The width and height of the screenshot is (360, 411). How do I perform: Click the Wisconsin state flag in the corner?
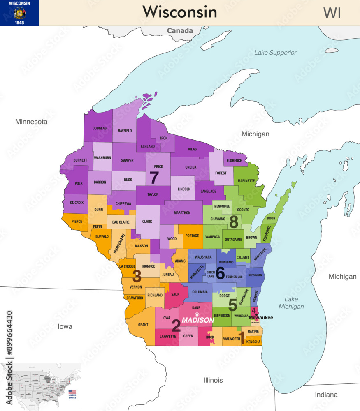pyautogui.click(x=19, y=13)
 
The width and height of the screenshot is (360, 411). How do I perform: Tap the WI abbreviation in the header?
pyautogui.click(x=332, y=13)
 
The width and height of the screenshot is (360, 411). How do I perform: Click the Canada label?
pyautogui.click(x=180, y=31)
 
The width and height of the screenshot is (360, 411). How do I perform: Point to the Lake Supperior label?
pyautogui.click(x=275, y=53)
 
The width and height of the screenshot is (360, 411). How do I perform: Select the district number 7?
pyautogui.click(x=154, y=178)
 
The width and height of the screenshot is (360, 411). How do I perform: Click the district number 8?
pyautogui.click(x=234, y=222)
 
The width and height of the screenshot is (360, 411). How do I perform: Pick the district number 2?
pyautogui.click(x=176, y=326)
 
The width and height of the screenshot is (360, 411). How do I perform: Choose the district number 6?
pyautogui.click(x=220, y=273)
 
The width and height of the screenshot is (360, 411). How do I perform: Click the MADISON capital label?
pyautogui.click(x=198, y=320)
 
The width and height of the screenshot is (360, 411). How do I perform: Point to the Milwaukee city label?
pyautogui.click(x=261, y=318)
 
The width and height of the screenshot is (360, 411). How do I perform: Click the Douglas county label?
pyautogui.click(x=99, y=128)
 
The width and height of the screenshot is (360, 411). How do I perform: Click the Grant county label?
pyautogui.click(x=143, y=325)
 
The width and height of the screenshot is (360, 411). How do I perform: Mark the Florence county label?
pyautogui.click(x=235, y=160)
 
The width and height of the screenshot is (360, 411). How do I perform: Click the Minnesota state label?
pyautogui.click(x=31, y=122)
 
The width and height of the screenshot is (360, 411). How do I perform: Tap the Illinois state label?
pyautogui.click(x=213, y=380)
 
